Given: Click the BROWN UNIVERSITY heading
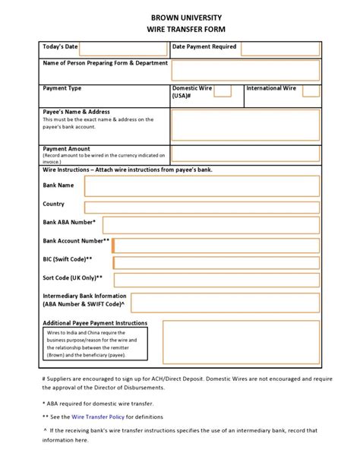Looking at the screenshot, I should (180, 17).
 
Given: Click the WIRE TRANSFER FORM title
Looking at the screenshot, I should (180, 30).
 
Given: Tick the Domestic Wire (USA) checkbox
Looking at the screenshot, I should (222, 91).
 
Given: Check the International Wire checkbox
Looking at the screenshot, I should (310, 91).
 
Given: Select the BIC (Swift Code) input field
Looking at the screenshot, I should (215, 263).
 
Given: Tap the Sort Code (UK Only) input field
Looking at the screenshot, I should (215, 281).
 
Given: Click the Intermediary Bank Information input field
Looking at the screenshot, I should (224, 303).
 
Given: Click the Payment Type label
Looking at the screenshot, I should (62, 89).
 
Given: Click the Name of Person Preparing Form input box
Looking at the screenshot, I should (244, 71).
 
